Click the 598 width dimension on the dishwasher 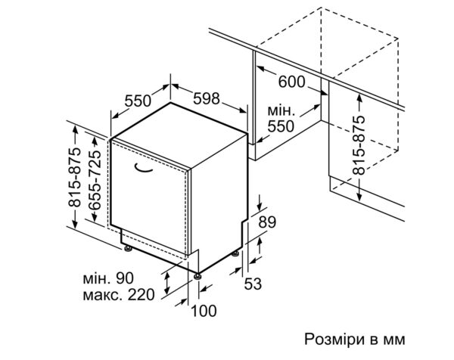click(207, 98)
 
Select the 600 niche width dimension click(291, 82)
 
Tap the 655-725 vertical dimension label click(95, 180)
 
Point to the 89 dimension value click(267, 222)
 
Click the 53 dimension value click(253, 284)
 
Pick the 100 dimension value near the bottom click(204, 311)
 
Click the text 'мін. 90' click(108, 278)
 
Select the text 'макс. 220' click(119, 295)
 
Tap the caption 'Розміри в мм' click(355, 339)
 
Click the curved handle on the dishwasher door click(143, 169)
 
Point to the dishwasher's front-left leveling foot click(128, 249)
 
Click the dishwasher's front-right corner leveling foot click(197, 276)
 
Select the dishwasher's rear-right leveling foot click(235, 253)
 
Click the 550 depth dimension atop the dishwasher click(138, 101)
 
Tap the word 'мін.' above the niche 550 click(281, 110)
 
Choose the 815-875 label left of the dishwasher click(74, 178)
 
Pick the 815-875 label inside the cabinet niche click(359, 145)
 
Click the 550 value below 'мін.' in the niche click(281, 126)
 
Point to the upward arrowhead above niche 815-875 click(359, 98)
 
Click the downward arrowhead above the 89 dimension click(260, 206)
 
